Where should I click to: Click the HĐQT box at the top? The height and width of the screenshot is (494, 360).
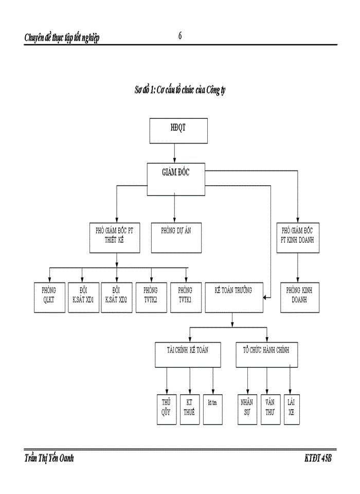178,131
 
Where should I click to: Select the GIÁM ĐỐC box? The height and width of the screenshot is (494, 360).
176,179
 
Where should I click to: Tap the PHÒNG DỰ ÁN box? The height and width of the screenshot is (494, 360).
176,237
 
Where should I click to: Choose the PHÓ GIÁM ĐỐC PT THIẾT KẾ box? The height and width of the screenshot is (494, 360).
114,237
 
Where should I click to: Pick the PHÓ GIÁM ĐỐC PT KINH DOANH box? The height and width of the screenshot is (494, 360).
298,237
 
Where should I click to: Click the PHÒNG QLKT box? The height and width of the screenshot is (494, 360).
49,297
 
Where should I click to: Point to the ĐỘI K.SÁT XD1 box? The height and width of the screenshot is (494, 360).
83,297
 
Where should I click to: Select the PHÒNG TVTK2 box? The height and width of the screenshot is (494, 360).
151,297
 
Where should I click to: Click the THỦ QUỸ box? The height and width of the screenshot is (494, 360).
167,409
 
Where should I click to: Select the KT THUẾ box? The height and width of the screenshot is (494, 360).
190,409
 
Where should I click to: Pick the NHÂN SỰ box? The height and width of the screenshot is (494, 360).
247,409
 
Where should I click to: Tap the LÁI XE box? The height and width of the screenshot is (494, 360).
292,409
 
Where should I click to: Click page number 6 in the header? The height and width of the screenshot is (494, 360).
180,36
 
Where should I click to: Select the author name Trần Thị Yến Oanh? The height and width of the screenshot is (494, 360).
49,458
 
